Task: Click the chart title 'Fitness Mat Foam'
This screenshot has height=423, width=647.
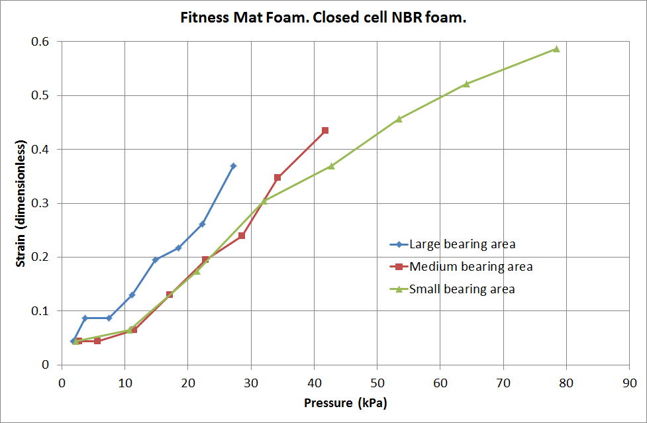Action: (323, 18)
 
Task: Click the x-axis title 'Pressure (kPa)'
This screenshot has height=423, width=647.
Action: (345, 402)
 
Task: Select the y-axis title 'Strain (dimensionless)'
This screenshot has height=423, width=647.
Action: (21, 203)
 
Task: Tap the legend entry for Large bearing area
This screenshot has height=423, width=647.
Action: (462, 244)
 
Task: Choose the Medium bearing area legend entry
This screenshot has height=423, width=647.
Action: (470, 267)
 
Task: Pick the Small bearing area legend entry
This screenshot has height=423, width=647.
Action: (462, 289)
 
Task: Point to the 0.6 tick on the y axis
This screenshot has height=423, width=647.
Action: (42, 42)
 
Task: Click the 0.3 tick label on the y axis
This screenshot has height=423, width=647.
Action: (42, 203)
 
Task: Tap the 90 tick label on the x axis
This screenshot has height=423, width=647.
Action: (630, 382)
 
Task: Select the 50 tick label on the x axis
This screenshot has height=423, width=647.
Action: (377, 382)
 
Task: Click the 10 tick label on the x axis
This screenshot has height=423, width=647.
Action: (124, 382)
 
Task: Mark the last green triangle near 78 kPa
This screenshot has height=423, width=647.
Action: (556, 48)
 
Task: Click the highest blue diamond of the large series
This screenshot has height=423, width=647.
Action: (233, 165)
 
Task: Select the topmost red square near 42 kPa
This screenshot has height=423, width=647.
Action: (325, 130)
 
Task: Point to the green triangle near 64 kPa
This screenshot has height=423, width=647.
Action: (466, 84)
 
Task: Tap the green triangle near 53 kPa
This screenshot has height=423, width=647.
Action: (399, 119)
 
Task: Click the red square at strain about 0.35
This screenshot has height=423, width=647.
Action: (277, 177)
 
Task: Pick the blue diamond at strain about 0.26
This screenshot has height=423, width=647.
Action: (202, 224)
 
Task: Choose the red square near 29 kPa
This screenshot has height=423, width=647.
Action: (242, 236)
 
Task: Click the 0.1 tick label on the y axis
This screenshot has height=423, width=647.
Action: (42, 311)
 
